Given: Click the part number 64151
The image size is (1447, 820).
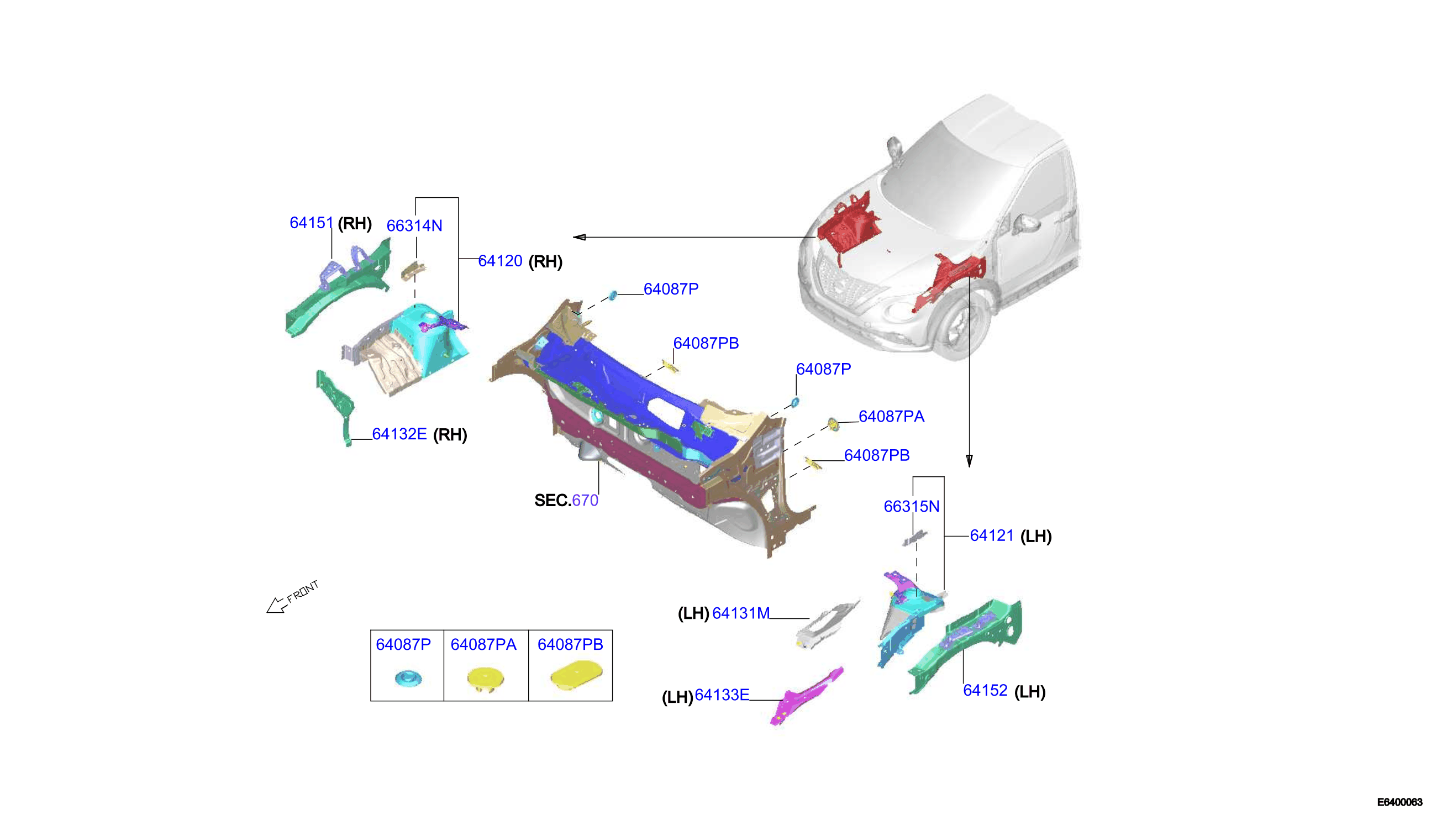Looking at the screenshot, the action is tap(312, 223).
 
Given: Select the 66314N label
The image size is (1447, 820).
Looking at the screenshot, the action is tap(414, 226).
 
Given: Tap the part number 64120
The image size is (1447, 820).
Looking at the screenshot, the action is tap(500, 261).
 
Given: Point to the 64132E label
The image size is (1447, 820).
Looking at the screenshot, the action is tap(399, 434).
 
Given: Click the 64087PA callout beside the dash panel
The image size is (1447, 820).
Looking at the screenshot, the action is tap(891, 417).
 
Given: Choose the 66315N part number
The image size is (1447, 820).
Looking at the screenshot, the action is tap(912, 507).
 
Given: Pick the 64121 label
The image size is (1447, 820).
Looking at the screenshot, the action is tap(992, 535).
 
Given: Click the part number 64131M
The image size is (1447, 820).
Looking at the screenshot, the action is tap(741, 613).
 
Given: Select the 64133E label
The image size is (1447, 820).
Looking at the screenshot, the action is tap(722, 696).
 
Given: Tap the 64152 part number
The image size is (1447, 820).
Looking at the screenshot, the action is tap(985, 691).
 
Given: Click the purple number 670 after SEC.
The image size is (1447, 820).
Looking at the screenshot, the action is tap(585, 501).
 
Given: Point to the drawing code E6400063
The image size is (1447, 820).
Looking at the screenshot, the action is tap(1399, 802).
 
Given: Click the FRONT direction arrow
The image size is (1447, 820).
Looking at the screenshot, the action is tap(276, 606).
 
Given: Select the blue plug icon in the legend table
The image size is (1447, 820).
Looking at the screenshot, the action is tap(408, 679).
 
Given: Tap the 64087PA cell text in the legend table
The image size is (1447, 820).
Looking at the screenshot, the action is tap(483, 645).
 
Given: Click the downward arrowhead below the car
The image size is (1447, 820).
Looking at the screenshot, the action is tap(969, 461).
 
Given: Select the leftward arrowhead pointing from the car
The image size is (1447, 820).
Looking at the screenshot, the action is tap(580, 237).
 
